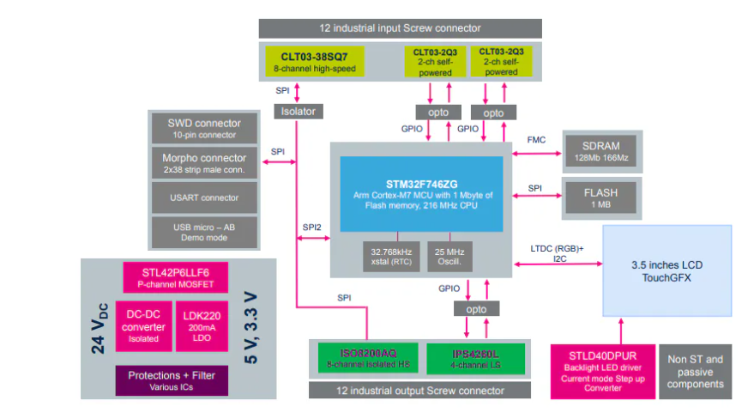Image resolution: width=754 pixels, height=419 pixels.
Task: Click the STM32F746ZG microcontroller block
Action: pyautogui.click(x=420, y=193)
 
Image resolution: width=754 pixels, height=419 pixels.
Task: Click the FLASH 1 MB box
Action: pyautogui.click(x=600, y=198)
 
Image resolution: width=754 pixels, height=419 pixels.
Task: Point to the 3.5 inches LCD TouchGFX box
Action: pyautogui.click(x=667, y=271)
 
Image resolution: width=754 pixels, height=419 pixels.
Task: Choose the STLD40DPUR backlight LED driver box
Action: pyautogui.click(x=601, y=370)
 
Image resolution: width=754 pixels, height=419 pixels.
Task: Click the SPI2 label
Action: pyautogui.click(x=311, y=228)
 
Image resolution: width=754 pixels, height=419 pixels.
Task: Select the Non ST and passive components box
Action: pyautogui.click(x=696, y=372)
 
